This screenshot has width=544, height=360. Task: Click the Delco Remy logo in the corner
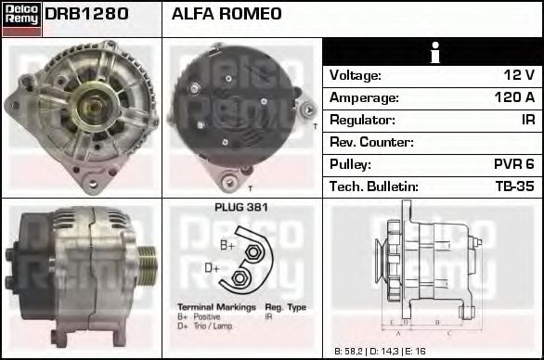tap(20, 18)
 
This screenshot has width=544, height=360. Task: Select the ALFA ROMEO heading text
tap(227, 15)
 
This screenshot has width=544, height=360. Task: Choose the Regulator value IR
tap(526, 120)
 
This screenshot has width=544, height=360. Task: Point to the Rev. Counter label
tap(371, 142)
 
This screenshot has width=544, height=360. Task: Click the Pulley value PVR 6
tap(513, 164)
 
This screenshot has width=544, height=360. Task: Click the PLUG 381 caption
tap(240, 209)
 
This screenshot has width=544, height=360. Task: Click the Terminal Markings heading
tap(214, 306)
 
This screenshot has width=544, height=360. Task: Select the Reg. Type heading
tap(285, 306)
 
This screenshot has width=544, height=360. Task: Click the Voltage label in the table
tap(356, 75)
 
